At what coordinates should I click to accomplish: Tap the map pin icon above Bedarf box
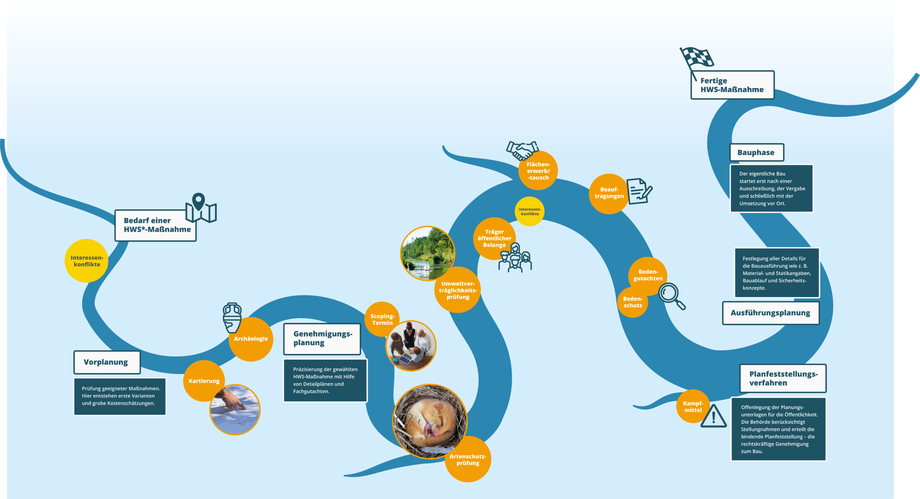point(201,208)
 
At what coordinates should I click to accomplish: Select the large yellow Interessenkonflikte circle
point(87,261)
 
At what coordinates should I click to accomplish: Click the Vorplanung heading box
point(107,362)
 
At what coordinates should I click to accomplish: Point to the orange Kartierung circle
point(204,381)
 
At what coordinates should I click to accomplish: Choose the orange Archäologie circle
point(251,339)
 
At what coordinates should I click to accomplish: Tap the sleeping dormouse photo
point(429,421)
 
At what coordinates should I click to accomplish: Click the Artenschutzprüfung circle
point(468,459)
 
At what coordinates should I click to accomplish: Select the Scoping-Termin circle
point(382,319)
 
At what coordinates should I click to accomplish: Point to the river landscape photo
point(428,253)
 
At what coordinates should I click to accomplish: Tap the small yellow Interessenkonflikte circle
point(530,211)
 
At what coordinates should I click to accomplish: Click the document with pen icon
point(639,191)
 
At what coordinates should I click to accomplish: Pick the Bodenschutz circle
point(633,302)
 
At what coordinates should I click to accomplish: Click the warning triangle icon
point(714,416)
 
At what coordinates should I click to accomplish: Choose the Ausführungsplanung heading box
point(771,313)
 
